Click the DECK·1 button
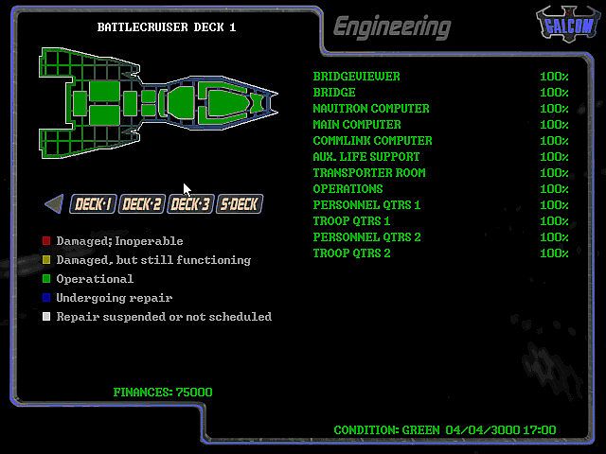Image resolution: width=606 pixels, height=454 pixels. pos(94,204)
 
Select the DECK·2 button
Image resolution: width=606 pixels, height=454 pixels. pos(142,204)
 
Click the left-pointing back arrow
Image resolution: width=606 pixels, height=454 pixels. pos(54,203)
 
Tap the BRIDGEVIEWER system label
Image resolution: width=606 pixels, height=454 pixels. pos(356,77)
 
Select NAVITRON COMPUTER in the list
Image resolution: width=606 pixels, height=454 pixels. pos(371,109)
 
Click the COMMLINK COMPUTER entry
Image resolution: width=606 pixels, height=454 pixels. pos(372,141)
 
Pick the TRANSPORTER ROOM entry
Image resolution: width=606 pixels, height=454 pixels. pos(369,173)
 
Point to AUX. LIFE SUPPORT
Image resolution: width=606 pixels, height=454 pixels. pos(366,157)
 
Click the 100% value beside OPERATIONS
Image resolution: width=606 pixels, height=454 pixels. pos(554,189)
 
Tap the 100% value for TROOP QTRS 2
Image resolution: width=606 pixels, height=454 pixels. pos(554,253)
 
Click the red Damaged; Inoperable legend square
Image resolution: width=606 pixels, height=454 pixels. pos(46,241)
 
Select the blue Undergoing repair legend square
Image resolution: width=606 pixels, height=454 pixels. pos(46,298)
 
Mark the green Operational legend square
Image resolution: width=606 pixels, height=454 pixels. pos(46,279)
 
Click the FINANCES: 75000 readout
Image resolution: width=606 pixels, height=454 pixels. pos(163,393)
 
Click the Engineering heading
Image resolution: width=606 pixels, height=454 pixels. pos(392,26)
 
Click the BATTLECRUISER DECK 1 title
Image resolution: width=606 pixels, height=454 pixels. pos(167,27)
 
